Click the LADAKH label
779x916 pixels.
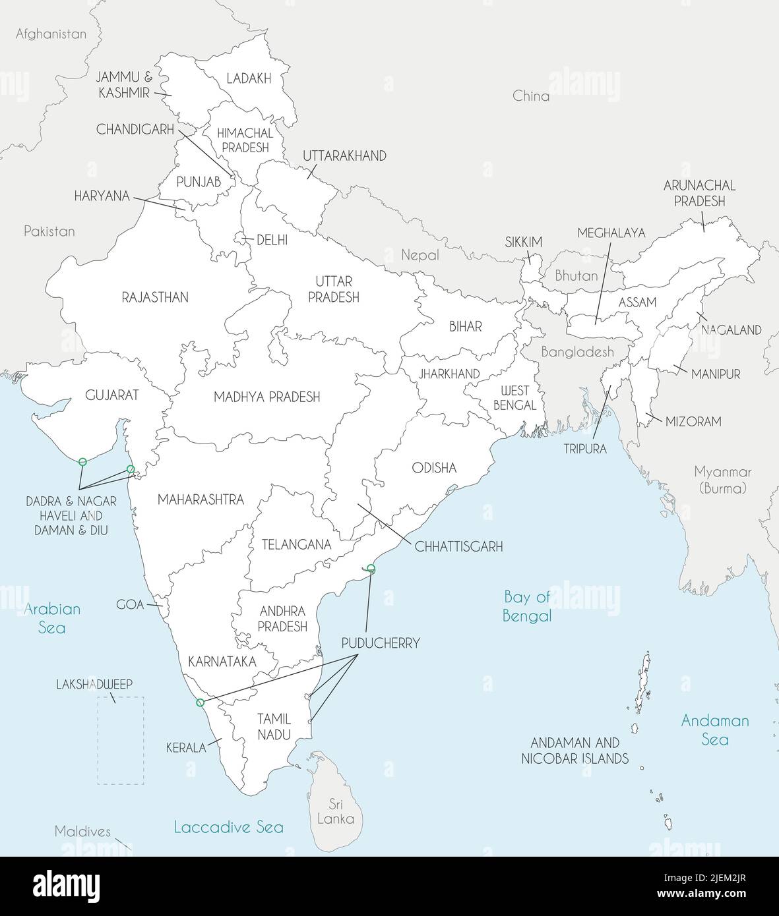(x=249, y=78)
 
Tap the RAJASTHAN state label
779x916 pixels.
(x=155, y=297)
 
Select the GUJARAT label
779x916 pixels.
(x=112, y=395)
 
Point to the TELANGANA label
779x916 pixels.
(x=296, y=544)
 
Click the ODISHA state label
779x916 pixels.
(x=434, y=468)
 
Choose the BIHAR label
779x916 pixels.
(x=466, y=326)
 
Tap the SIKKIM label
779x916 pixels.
(x=524, y=242)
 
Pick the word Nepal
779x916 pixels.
(x=420, y=255)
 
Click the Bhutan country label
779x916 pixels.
(x=576, y=275)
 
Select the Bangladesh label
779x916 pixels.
(x=577, y=352)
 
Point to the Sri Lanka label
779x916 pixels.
(x=336, y=812)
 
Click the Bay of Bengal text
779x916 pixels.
(x=527, y=606)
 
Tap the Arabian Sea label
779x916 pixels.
(x=52, y=618)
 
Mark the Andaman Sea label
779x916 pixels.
(x=715, y=730)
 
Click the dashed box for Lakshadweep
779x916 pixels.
(x=121, y=740)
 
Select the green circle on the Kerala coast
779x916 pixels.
(x=201, y=702)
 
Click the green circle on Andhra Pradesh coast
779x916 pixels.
(x=371, y=568)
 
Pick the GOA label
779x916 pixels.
(x=130, y=604)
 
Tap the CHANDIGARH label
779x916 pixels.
(x=135, y=129)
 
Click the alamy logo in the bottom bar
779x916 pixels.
(x=66, y=885)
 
